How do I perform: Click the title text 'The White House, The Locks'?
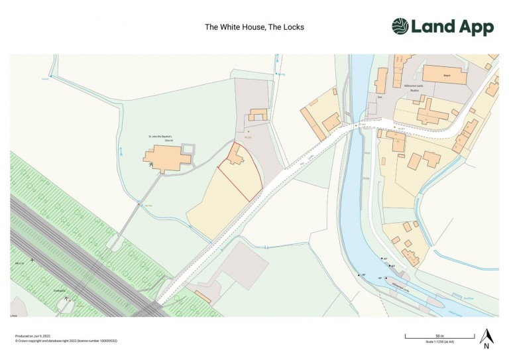click(x=254, y=27)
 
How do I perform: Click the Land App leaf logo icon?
click(x=400, y=27)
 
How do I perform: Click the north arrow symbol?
click(x=486, y=337)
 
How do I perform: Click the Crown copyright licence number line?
click(x=66, y=340)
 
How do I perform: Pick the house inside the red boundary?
click(x=235, y=155)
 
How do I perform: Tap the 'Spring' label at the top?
click(x=280, y=74)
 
